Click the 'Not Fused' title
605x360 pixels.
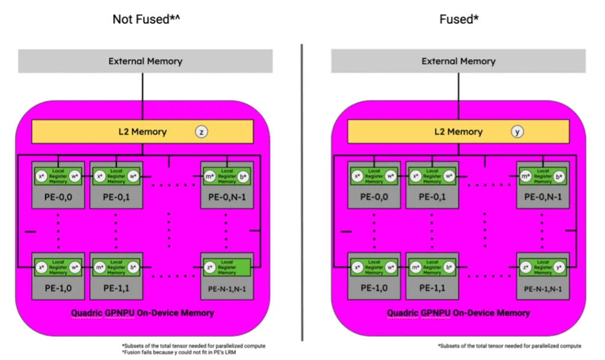point(146,20)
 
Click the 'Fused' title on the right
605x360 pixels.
point(458,20)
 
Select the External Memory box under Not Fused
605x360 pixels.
point(145,61)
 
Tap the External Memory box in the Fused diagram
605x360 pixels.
point(458,61)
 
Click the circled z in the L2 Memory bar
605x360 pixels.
point(201,132)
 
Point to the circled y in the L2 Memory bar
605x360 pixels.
point(518,132)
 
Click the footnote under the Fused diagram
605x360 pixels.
point(509,345)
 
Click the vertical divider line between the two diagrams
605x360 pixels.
point(302,189)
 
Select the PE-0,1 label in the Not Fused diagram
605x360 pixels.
point(116,196)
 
